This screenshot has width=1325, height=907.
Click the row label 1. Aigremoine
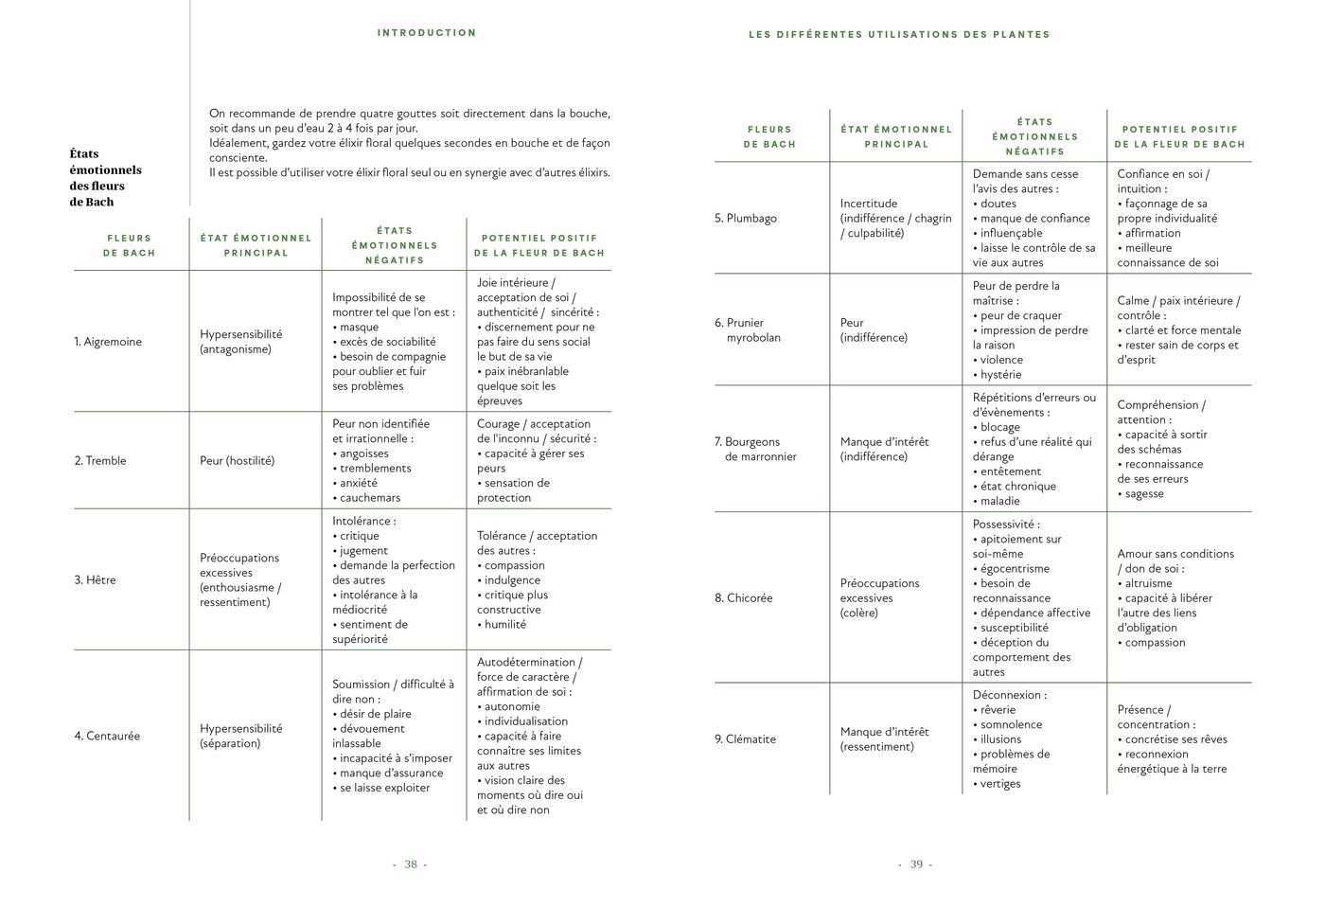pos(108,342)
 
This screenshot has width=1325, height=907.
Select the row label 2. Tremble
pos(100,461)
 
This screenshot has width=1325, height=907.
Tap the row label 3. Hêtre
pos(96,579)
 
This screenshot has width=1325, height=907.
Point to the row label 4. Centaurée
pos(107,736)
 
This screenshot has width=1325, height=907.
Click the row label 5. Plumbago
pos(746,218)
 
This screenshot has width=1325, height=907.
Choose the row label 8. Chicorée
pos(744,597)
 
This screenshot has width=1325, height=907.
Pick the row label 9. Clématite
pos(745,738)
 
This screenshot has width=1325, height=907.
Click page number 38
pos(411,863)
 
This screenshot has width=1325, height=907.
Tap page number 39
pos(916,863)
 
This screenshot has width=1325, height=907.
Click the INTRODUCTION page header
pos(427,32)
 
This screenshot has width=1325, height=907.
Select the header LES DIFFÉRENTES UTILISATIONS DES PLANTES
pos(899,34)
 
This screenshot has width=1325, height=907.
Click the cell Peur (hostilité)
pos(237,461)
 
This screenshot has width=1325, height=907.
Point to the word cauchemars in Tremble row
pos(369,498)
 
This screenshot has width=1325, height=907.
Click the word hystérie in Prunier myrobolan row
pos(1001,375)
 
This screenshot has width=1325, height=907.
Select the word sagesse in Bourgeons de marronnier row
pos(1144,493)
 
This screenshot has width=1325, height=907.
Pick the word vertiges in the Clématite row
pos(1000,784)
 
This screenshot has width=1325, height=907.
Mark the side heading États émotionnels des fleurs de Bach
pos(105,177)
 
